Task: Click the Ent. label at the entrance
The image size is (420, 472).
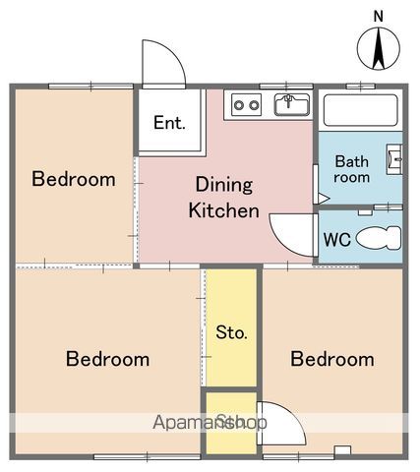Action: click(x=169, y=124)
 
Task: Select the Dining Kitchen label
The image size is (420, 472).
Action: click(x=224, y=197)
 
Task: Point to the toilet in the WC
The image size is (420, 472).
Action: click(x=378, y=237)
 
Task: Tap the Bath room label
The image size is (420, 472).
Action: click(x=351, y=169)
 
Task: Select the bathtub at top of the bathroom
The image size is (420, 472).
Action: click(x=360, y=110)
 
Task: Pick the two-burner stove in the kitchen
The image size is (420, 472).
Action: click(x=246, y=105)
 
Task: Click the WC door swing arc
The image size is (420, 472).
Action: click(x=289, y=233)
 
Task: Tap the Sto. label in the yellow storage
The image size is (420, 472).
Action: click(x=230, y=331)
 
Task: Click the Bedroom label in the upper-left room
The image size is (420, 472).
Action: click(x=73, y=179)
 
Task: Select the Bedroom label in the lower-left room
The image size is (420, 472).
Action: click(x=107, y=358)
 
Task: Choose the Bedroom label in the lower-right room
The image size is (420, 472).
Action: click(x=331, y=358)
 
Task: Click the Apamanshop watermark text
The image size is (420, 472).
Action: click(x=210, y=423)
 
